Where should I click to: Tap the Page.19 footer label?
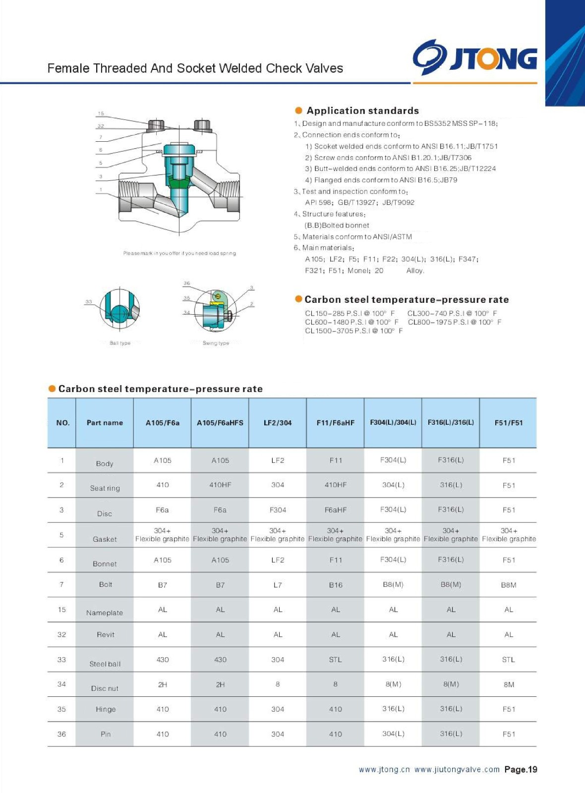(521, 769)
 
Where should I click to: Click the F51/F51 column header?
(509, 423)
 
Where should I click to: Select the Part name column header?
(105, 423)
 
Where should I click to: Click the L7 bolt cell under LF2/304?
(278, 585)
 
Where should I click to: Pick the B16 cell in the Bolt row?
(336, 585)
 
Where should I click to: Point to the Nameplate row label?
(105, 613)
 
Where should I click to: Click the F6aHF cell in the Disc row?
(336, 510)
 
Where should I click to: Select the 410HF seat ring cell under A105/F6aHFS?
(220, 485)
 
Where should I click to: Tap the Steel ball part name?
(105, 664)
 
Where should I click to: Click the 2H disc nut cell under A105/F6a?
(163, 684)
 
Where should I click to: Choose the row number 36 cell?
(61, 734)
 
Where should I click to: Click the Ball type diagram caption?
(120, 343)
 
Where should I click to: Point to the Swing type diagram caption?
(216, 343)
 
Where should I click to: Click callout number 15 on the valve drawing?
(101, 113)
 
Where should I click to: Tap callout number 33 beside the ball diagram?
(89, 301)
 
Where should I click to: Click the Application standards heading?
(362, 111)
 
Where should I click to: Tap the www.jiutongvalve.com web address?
(457, 770)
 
